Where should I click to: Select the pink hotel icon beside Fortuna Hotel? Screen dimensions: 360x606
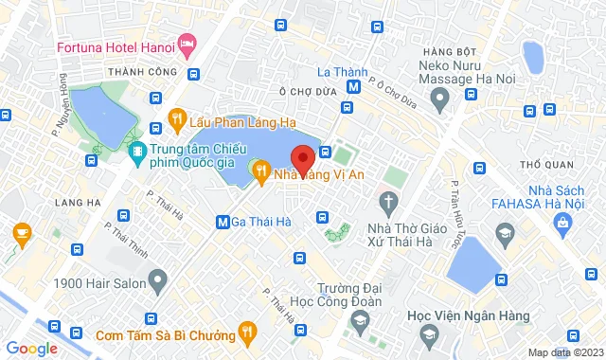pyautogui.click(x=187, y=44)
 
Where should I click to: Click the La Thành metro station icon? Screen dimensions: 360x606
pyautogui.click(x=353, y=87)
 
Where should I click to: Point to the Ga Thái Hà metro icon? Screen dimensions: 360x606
pyautogui.click(x=223, y=223)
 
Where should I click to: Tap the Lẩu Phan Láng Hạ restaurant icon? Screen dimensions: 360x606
pyautogui.click(x=176, y=118)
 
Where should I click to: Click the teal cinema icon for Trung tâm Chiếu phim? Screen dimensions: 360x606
pyautogui.click(x=138, y=152)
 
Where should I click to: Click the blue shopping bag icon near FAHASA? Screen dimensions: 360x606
pyautogui.click(x=564, y=224)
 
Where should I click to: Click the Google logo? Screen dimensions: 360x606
pyautogui.click(x=30, y=349)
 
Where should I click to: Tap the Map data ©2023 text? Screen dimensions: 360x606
pyautogui.click(x=564, y=352)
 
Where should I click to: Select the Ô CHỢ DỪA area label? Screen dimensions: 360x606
pyautogui.click(x=304, y=92)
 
